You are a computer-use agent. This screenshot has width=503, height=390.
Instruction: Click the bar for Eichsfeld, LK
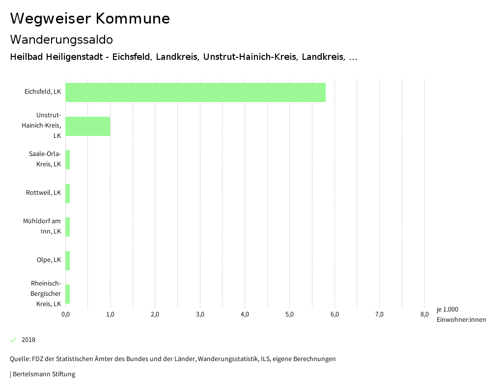pos(196,92)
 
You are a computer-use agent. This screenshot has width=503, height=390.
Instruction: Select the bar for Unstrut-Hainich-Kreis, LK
pos(87,126)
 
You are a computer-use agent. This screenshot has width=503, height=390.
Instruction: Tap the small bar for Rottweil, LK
pos(68,193)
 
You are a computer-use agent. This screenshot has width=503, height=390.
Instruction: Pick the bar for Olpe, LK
pos(68,260)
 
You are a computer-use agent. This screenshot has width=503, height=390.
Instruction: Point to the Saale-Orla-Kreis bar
pos(68,160)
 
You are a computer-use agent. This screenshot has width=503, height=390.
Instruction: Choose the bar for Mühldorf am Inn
pos(68,227)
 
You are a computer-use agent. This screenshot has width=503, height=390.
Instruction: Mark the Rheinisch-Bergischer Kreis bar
pos(68,294)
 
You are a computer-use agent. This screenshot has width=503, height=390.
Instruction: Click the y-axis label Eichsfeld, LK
pos(43,91)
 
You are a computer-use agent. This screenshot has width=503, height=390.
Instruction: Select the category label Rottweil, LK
pos(43,193)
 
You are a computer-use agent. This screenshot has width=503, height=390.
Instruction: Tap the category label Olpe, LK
pos(49,260)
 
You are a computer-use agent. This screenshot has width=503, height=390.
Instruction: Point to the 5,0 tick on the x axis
pos(289,314)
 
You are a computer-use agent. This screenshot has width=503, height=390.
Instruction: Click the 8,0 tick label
pos(424,314)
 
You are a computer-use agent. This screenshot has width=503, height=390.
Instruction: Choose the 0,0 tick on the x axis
pos(65,314)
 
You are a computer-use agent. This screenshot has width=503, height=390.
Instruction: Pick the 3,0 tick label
pos(200,314)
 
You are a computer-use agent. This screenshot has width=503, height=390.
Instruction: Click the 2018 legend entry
pos(28,340)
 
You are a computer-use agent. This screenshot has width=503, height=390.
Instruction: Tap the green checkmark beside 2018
pos(13,340)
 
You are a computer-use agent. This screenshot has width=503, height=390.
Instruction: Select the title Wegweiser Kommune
pos(90,19)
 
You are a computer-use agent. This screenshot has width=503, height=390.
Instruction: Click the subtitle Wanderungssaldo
pos(61,39)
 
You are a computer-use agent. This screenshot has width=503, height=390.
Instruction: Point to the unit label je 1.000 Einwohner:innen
pos(461,314)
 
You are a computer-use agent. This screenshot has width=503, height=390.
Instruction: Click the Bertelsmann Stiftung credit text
pos(43,374)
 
